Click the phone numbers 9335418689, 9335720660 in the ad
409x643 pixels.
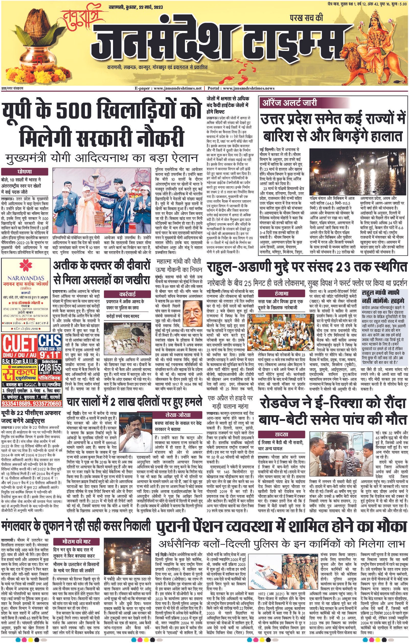31,403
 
